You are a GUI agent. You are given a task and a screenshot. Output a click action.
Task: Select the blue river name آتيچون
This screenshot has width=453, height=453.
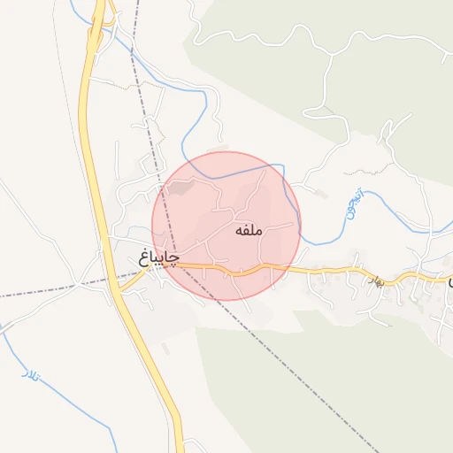coord(354,205)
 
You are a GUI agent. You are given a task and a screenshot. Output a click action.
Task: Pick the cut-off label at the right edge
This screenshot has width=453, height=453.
coord(449,281)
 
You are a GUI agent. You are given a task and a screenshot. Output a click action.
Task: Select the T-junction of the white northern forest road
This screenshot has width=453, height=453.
coord(328,52)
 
